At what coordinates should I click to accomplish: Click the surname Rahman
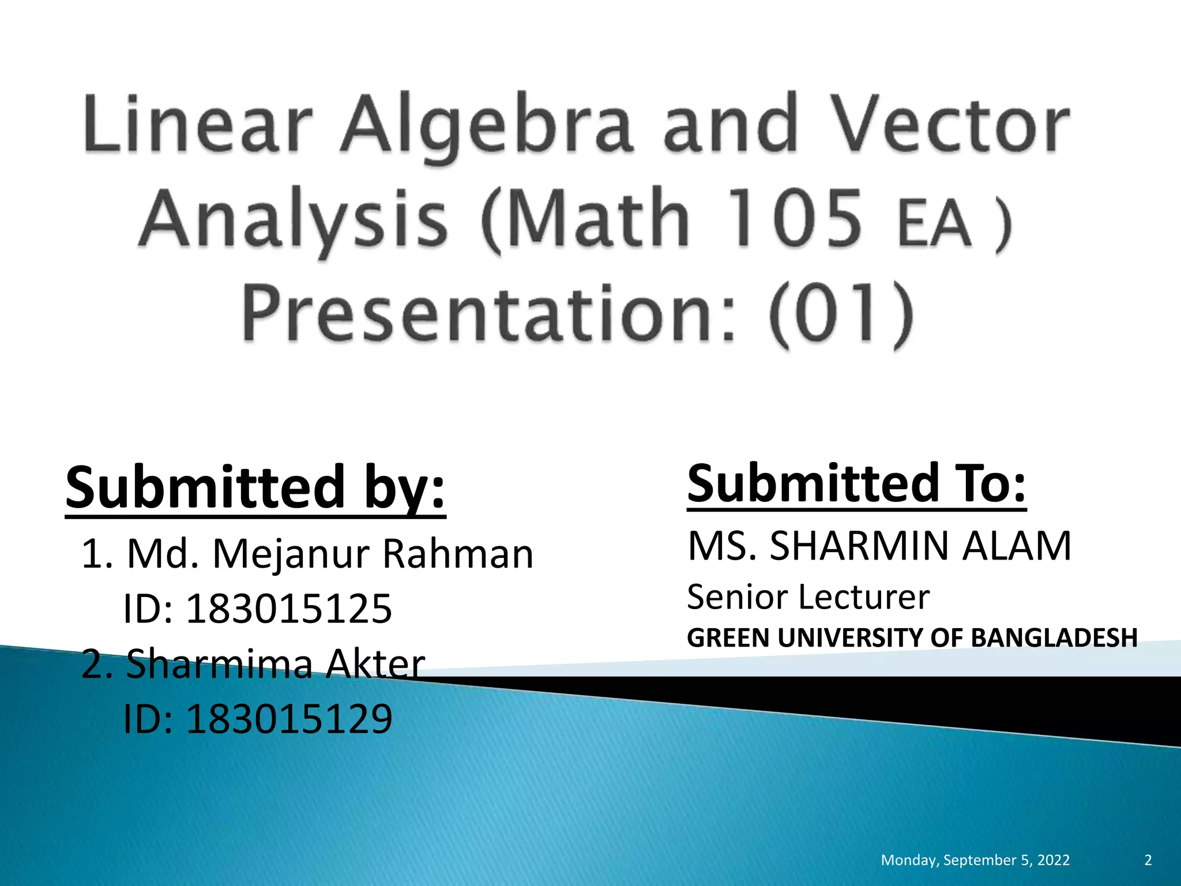point(458,554)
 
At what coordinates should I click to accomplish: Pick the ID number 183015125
point(288,609)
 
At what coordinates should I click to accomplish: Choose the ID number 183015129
point(288,719)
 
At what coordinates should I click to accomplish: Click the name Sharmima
point(219,663)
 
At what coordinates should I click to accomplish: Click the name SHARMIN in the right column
point(859,546)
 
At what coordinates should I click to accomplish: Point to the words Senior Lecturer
point(808,597)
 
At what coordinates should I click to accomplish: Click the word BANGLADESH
point(1054,638)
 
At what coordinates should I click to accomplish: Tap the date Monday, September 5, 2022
point(975,860)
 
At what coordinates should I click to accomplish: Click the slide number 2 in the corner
point(1148,860)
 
